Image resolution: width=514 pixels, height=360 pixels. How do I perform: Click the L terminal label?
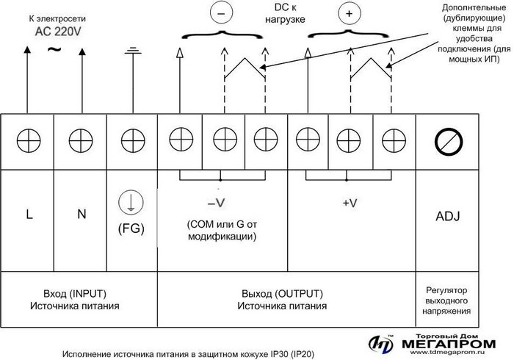pos(29,215)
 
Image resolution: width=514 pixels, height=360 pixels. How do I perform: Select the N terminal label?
pos(81,215)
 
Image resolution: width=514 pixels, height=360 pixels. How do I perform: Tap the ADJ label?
pos(448,217)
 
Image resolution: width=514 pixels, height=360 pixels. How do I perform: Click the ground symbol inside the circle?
pos(131,203)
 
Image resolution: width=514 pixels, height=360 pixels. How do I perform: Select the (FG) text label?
pos(131,228)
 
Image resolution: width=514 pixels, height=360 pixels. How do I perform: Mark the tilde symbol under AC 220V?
pos(54,49)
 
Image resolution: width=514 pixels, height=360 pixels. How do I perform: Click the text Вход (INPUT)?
pos(79,291)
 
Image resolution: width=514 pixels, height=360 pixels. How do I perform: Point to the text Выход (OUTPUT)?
pos(286,291)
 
